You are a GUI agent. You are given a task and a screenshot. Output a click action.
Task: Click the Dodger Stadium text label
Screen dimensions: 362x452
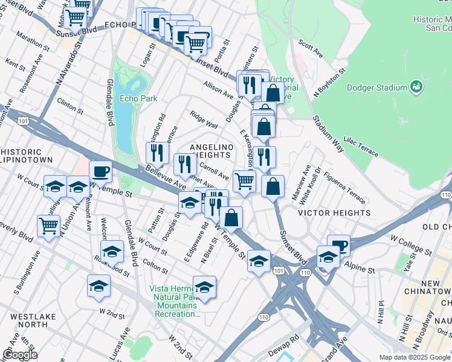[376, 87]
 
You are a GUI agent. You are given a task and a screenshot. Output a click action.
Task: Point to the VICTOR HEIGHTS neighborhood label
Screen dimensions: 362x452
[334, 213]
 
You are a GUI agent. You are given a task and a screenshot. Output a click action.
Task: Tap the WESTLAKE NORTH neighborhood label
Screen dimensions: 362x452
[28, 320]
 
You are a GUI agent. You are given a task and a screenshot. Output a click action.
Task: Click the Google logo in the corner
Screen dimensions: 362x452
[20, 355]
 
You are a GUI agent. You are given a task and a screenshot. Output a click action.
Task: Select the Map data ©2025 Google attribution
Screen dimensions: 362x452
[414, 357]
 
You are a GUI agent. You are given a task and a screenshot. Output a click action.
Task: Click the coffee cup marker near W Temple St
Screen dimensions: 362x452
[100, 171]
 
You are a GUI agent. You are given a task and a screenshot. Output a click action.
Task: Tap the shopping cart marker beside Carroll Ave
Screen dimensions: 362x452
[244, 180]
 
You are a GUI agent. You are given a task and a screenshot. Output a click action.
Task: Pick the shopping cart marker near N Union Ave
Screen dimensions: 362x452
[48, 226]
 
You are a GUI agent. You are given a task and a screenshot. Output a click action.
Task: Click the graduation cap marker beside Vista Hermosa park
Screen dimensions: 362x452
[204, 287]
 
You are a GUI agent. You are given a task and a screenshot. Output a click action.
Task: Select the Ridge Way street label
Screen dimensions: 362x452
[204, 120]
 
